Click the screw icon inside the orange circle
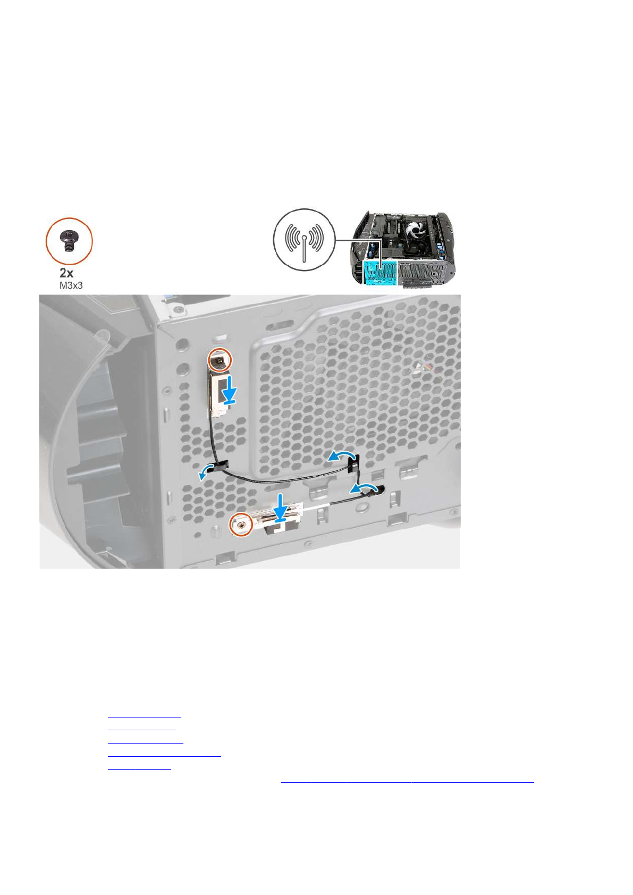(69, 241)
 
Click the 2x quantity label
(66, 273)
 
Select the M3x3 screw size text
(71, 285)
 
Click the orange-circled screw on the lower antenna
(240, 525)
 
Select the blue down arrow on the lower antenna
(280, 506)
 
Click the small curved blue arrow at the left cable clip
(204, 474)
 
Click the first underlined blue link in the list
(144, 716)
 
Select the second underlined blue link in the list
(142, 729)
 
